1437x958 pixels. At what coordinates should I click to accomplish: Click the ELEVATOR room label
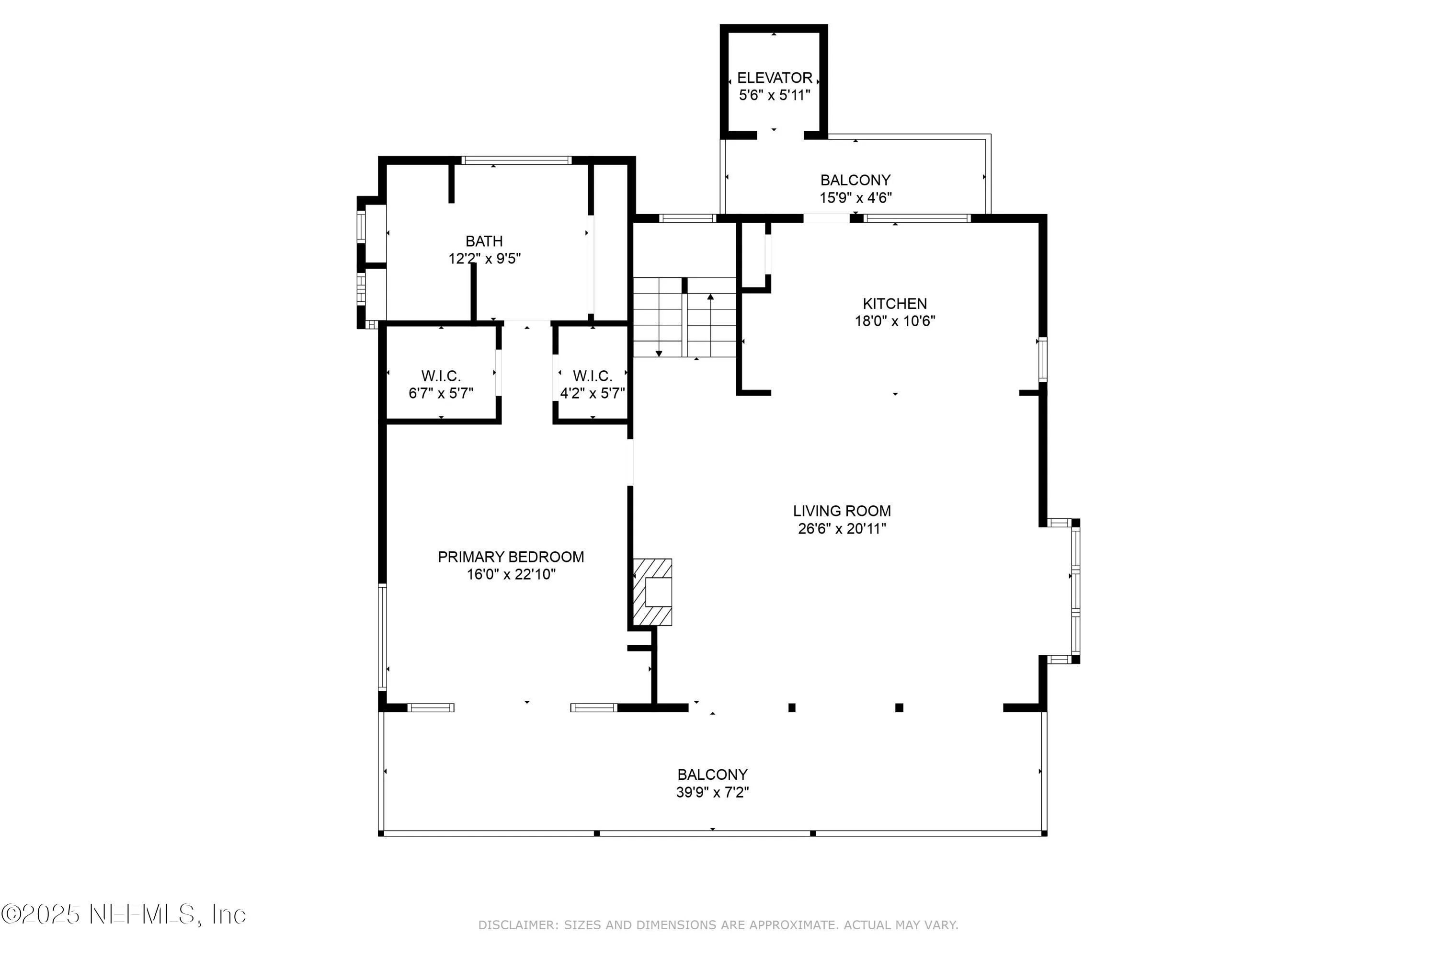(774, 78)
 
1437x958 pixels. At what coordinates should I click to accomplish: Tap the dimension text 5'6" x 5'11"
(774, 95)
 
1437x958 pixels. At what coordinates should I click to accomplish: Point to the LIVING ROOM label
(842, 511)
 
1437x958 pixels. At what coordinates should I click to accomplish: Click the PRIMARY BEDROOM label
(511, 557)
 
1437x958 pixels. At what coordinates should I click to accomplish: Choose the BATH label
(484, 241)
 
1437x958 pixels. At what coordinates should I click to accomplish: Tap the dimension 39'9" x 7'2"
(712, 792)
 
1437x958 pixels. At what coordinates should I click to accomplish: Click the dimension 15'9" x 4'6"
(855, 198)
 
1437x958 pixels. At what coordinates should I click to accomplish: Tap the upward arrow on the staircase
(710, 297)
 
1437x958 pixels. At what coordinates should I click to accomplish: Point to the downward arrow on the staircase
(659, 353)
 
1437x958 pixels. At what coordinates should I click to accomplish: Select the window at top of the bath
(516, 160)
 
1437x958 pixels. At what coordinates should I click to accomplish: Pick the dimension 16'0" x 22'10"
(511, 574)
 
